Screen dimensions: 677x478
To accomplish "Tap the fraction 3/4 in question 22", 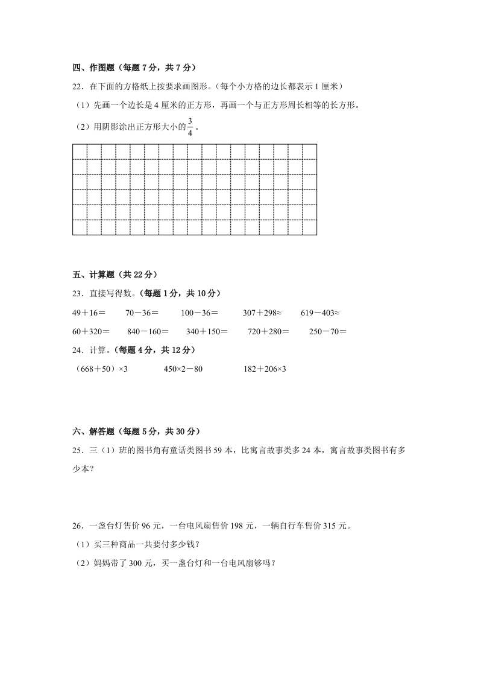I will [190, 127].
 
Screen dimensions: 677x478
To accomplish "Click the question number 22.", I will [78, 87].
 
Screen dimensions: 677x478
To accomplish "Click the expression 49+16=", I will [89, 313].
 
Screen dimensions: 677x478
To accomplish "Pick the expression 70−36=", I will [142, 313].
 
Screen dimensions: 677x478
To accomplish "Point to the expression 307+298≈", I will [262, 313].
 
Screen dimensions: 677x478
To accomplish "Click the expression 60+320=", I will [91, 331].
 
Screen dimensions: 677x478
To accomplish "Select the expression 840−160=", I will [148, 331].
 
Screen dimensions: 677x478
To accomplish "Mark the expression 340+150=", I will [207, 331].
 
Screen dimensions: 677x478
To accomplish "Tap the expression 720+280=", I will [268, 331].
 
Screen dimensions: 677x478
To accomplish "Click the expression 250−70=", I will [328, 331].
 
